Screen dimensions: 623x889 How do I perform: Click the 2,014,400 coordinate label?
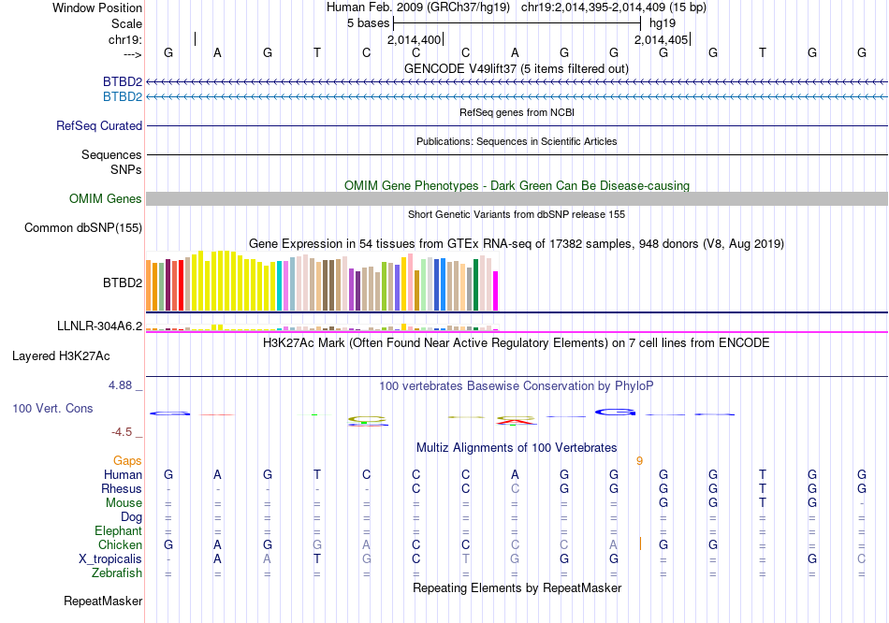coord(414,40)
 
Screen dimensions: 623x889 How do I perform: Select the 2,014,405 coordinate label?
coord(661,40)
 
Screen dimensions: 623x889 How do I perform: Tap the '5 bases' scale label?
coord(368,22)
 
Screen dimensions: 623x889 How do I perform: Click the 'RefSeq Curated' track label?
coord(99,126)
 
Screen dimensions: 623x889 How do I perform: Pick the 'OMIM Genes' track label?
coord(106,199)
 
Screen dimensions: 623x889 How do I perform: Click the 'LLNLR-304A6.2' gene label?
coord(99,326)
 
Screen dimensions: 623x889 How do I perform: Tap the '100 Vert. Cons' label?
coord(52,409)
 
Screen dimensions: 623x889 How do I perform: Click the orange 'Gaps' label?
coord(127,461)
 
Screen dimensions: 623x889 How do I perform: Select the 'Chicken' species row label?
coord(120,545)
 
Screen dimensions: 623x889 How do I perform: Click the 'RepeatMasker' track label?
coord(103,601)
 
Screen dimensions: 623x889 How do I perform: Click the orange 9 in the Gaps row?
coord(639,461)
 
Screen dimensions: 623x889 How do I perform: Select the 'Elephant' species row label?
coord(118,531)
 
